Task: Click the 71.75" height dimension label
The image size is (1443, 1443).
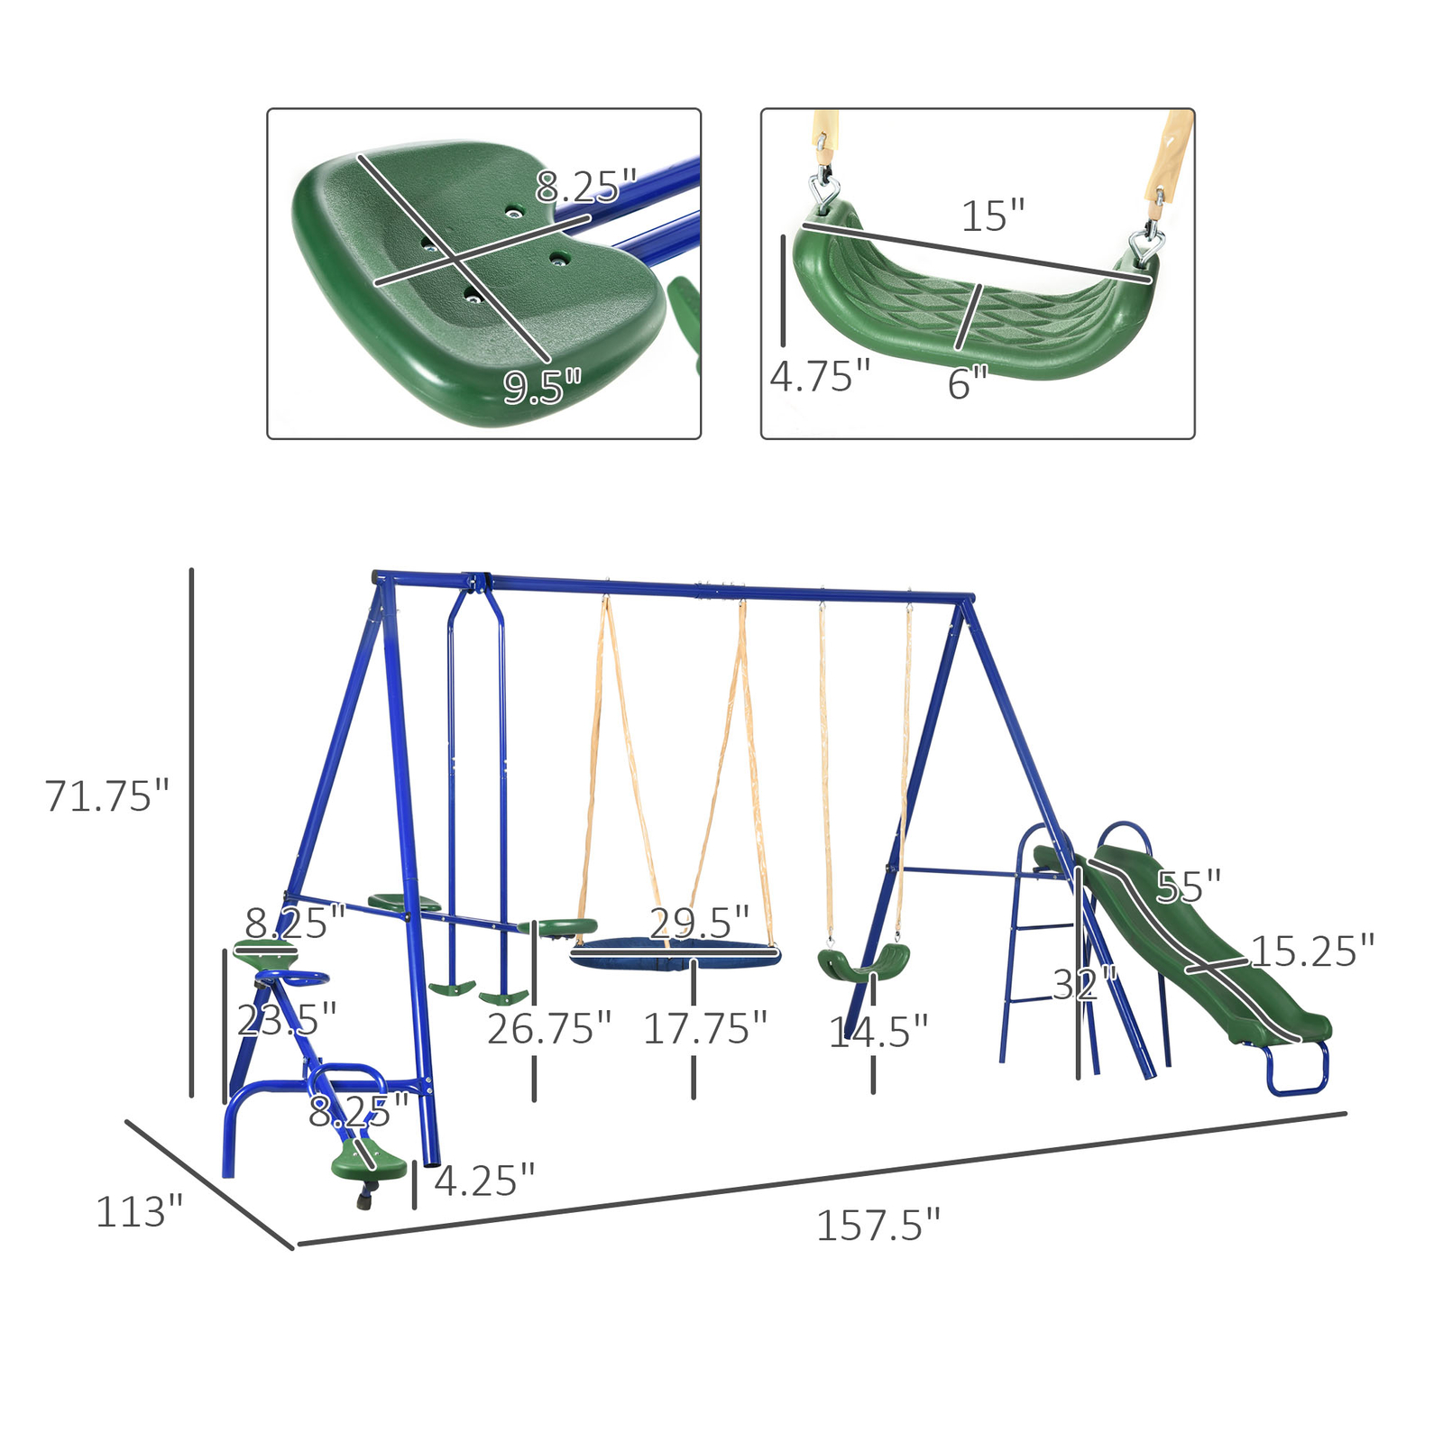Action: tap(106, 795)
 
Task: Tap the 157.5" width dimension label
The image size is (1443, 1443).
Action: tap(878, 1226)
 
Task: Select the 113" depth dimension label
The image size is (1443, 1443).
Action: tap(139, 1211)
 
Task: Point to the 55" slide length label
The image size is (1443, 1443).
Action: tap(1188, 887)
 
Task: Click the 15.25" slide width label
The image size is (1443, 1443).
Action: tap(1312, 951)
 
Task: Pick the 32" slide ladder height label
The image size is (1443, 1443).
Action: tap(1084, 985)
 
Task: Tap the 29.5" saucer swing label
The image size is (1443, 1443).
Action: tap(699, 923)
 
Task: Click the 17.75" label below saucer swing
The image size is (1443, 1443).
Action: tap(704, 1029)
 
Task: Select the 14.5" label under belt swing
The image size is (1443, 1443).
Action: tap(878, 1032)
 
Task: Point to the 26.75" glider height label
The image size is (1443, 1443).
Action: tap(548, 1029)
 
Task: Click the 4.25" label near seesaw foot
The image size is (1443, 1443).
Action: tap(484, 1181)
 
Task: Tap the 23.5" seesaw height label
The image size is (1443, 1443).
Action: tap(286, 1020)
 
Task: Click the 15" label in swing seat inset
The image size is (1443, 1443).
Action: tap(993, 216)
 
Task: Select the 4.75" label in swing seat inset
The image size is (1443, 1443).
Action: tap(819, 376)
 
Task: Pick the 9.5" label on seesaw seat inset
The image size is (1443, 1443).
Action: tap(541, 387)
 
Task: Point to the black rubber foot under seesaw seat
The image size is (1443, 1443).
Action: tap(364, 1200)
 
